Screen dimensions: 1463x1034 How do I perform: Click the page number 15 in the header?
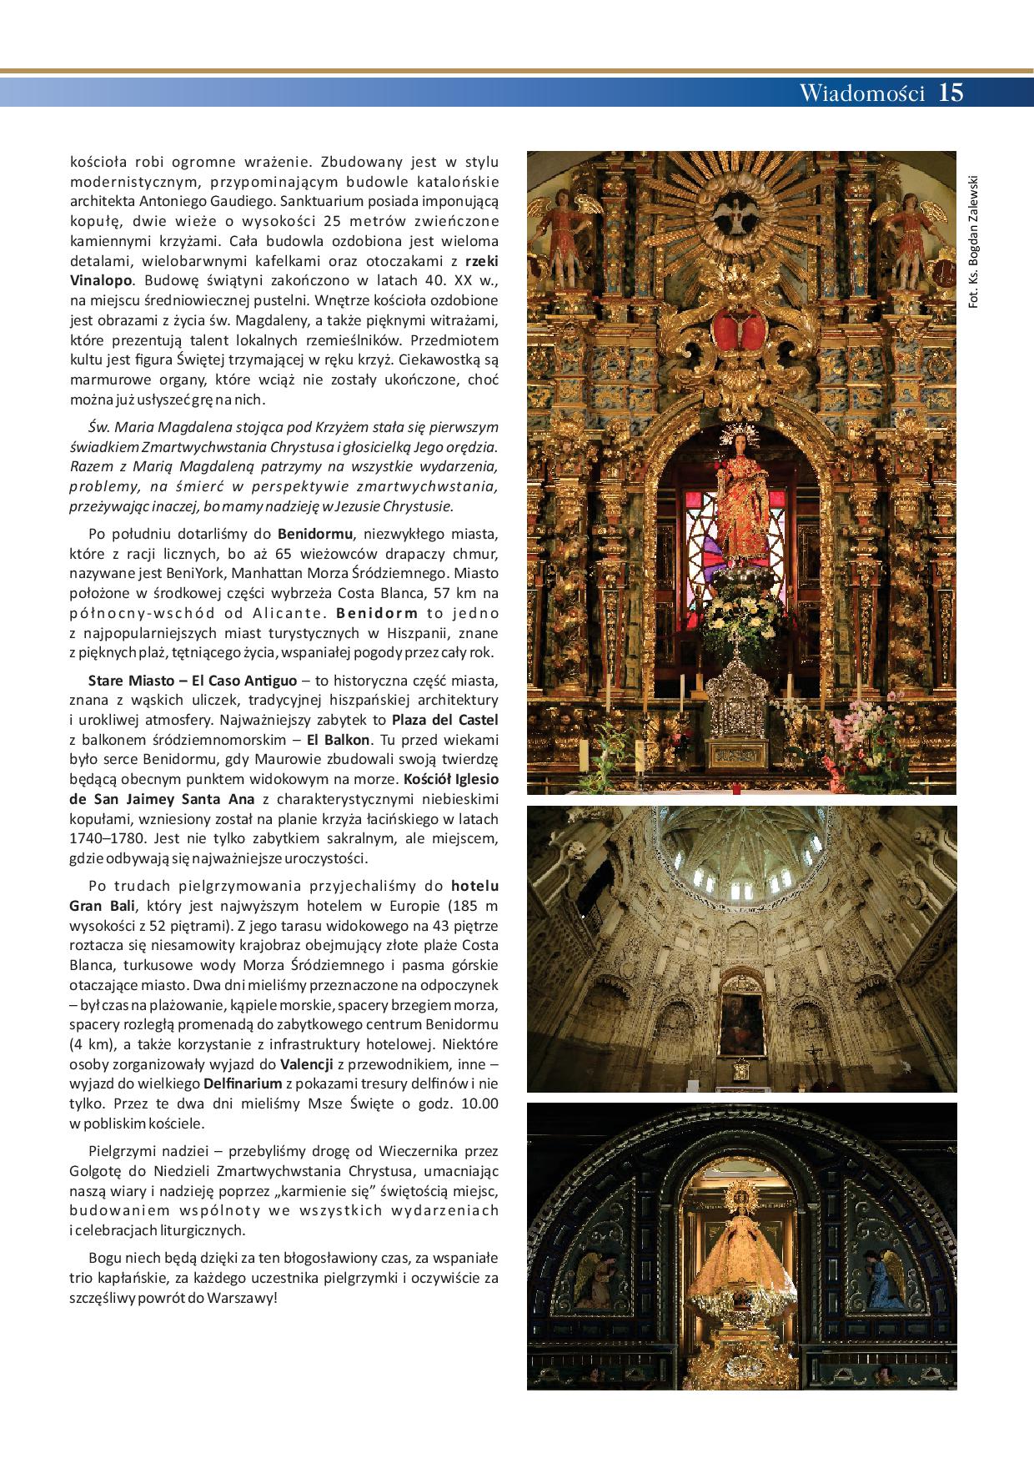(951, 93)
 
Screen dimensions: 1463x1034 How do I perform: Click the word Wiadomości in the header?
(862, 93)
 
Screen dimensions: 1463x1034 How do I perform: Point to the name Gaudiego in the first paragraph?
(244, 201)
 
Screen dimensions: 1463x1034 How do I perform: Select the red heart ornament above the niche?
(740, 327)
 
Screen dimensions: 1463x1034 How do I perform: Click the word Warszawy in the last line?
(243, 1300)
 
